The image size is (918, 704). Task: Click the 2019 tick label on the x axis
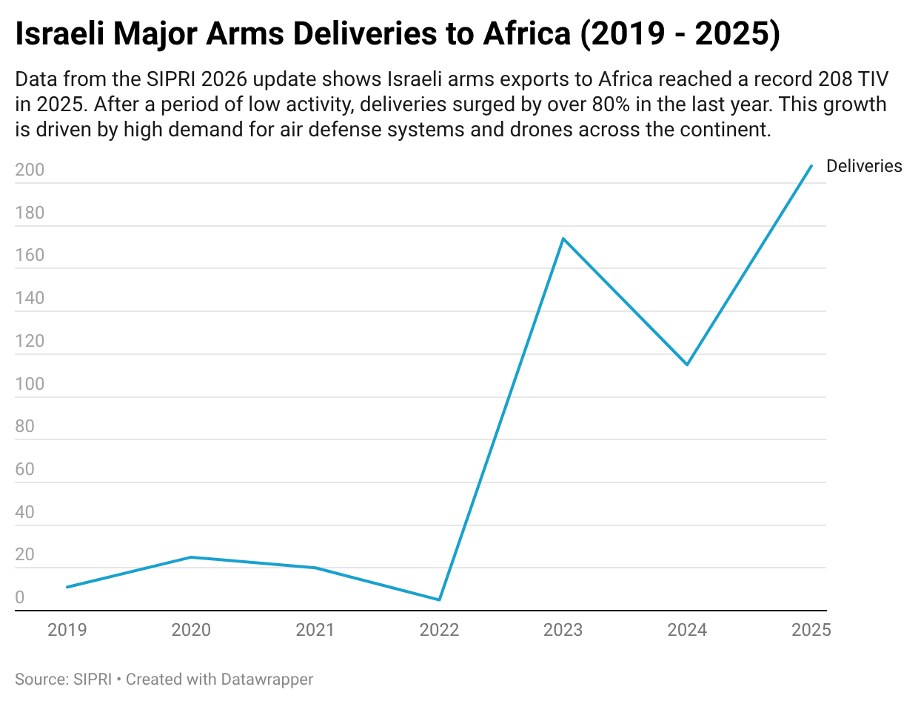[x=67, y=630]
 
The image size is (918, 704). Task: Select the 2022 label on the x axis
[x=439, y=630]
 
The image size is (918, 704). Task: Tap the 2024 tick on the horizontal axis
[x=687, y=630]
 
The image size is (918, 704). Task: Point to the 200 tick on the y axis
[x=30, y=170]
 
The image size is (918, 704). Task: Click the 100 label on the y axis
[x=30, y=385]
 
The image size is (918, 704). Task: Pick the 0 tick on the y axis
[x=21, y=598]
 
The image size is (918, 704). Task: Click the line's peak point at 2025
[x=811, y=166]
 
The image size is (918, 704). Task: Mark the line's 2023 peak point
[x=563, y=239]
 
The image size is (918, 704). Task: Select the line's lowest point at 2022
[x=439, y=600]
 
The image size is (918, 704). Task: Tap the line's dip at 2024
[x=687, y=365]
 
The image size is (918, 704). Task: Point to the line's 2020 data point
[x=191, y=557]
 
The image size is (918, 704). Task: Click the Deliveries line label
[x=864, y=166]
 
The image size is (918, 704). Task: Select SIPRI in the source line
[x=92, y=679]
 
